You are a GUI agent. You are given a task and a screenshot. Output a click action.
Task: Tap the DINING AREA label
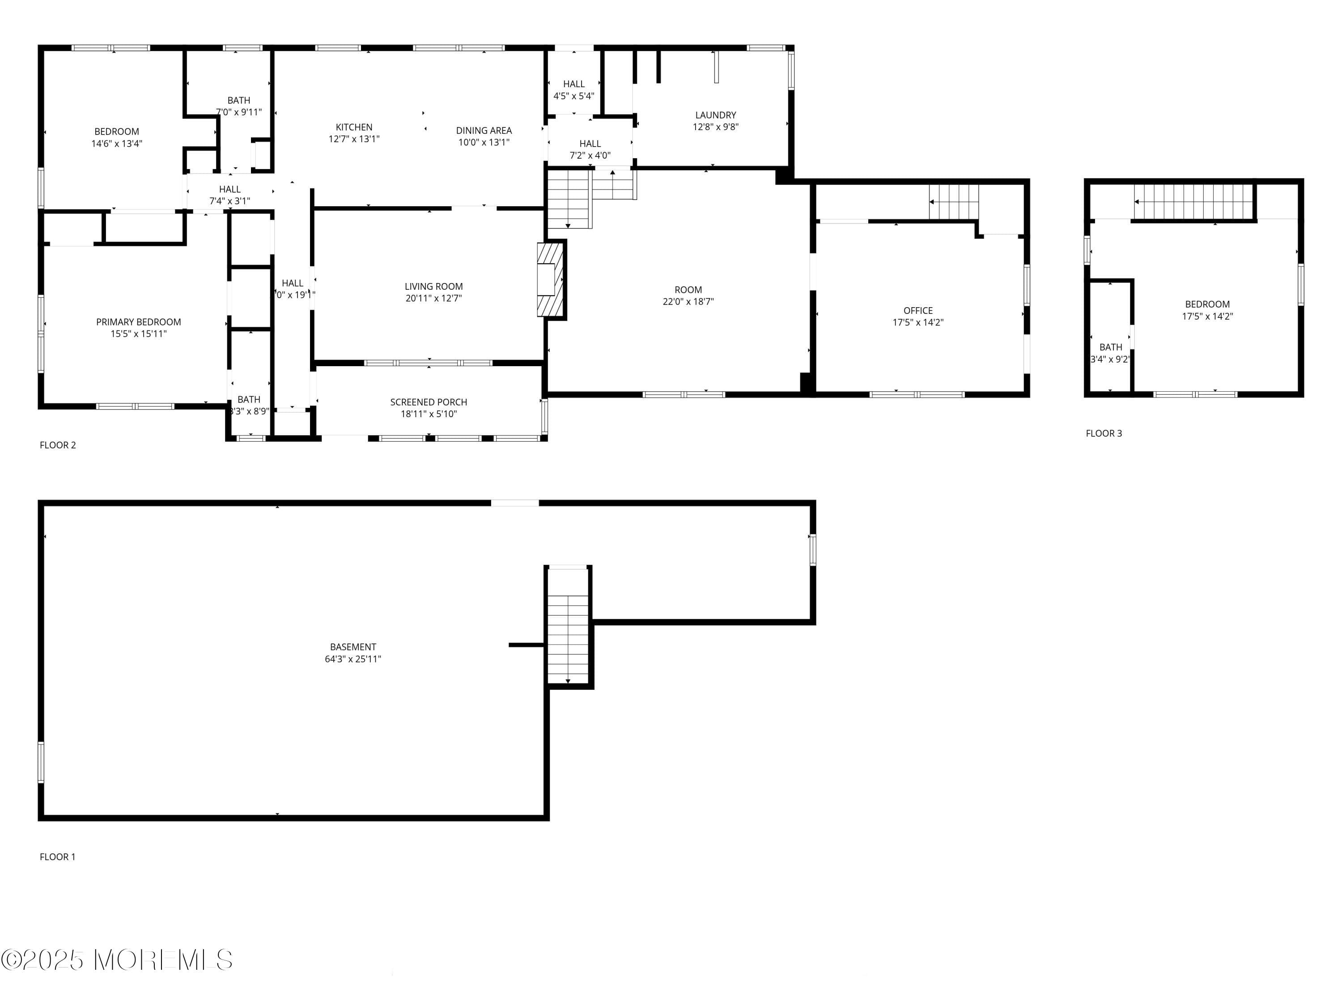484,131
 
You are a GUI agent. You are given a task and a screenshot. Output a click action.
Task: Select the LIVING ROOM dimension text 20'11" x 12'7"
433,298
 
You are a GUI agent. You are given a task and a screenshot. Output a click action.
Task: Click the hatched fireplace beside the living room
550,279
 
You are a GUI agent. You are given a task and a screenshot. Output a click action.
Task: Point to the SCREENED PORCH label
429,402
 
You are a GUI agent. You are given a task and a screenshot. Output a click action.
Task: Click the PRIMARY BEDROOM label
138,322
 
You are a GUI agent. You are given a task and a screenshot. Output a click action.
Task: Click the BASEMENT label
353,647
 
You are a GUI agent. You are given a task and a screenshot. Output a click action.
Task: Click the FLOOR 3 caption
1104,433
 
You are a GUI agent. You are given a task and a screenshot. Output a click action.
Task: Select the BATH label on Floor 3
1110,347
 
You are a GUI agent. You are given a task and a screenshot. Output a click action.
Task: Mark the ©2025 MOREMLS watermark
116,960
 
